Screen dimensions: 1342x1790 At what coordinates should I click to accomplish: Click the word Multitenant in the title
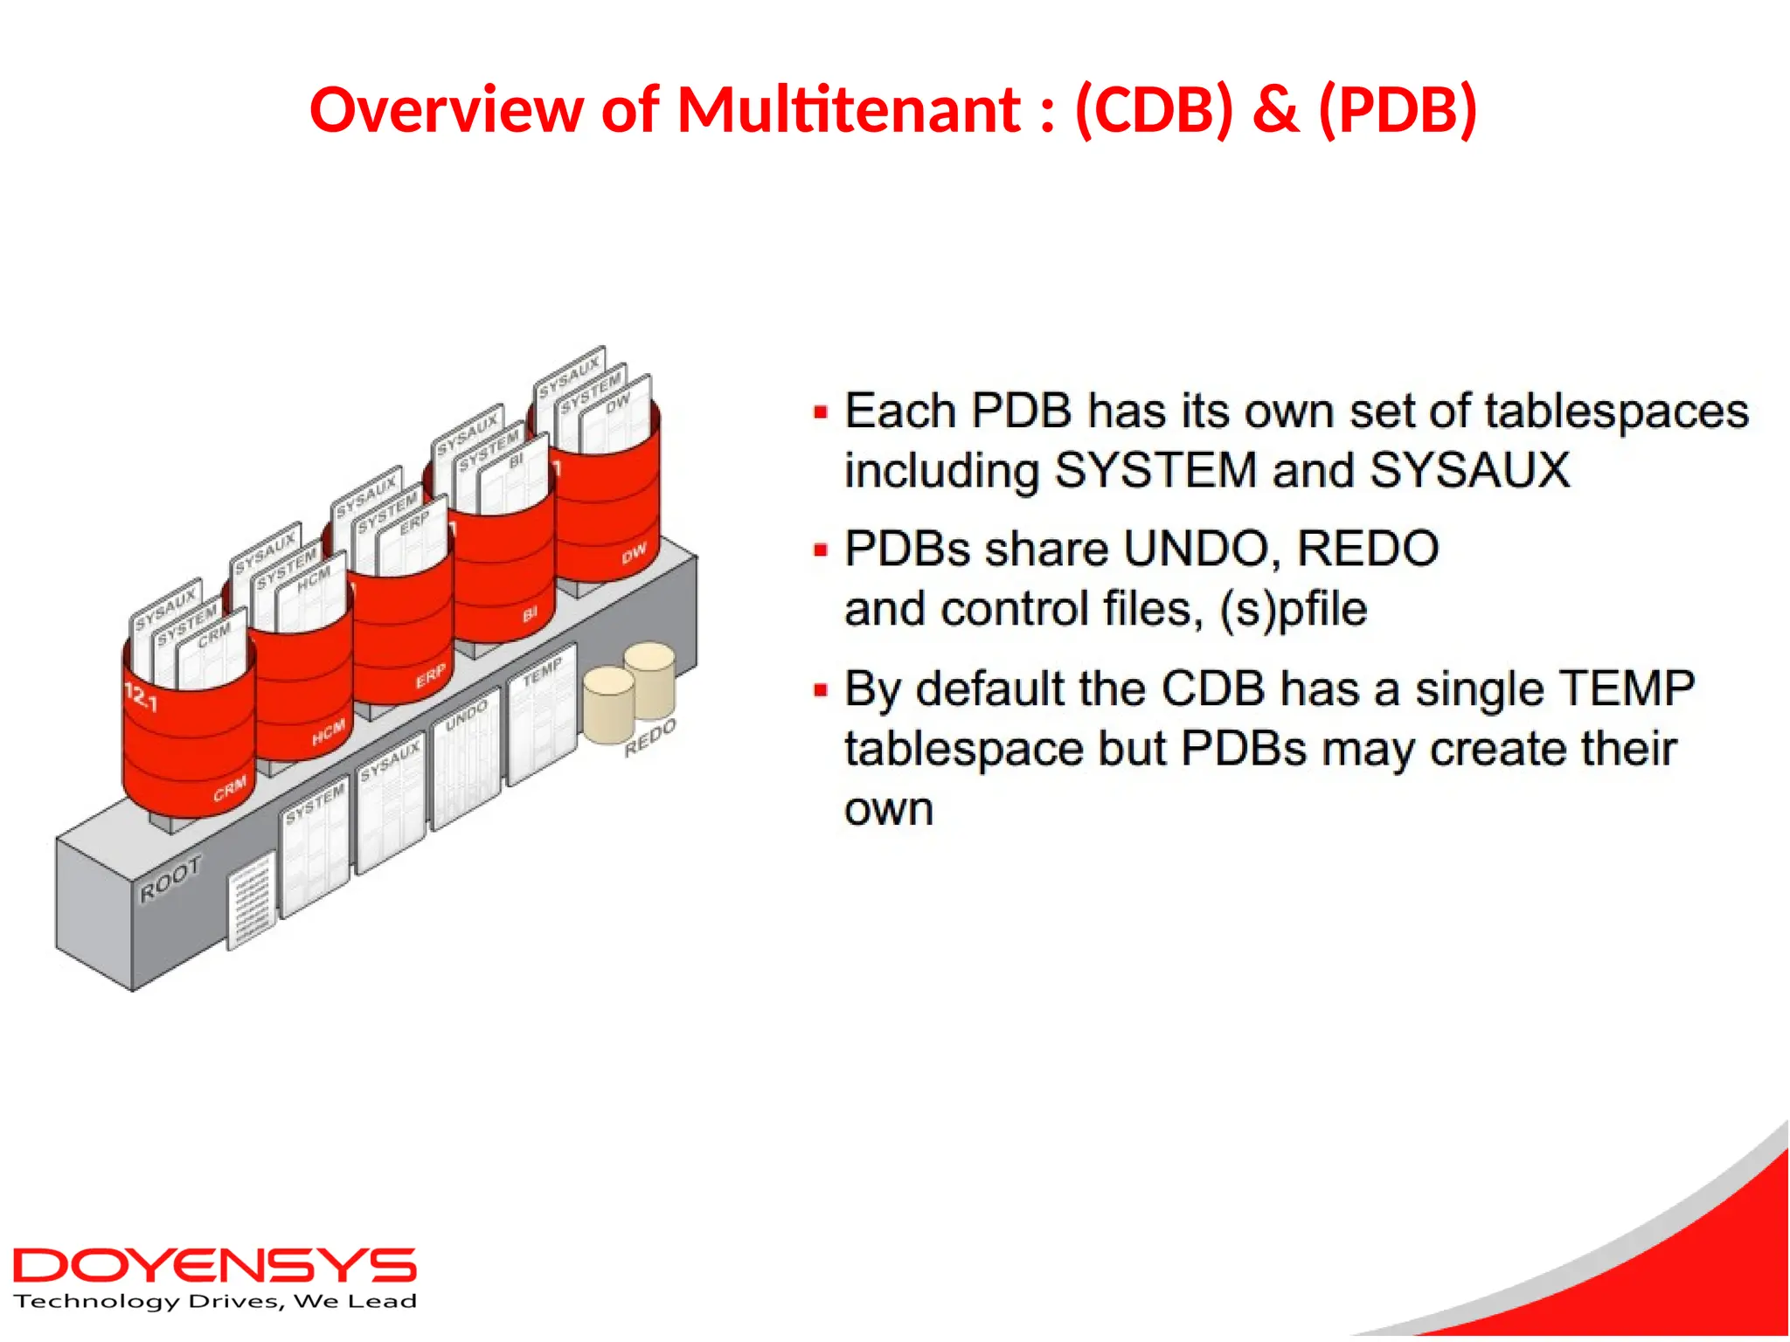click(x=849, y=111)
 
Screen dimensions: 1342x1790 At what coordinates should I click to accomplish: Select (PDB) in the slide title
click(x=1397, y=111)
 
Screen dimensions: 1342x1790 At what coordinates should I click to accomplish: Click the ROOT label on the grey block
click(x=171, y=877)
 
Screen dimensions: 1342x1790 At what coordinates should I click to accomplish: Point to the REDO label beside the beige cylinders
click(x=650, y=738)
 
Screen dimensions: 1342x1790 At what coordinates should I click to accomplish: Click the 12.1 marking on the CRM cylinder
click(x=141, y=697)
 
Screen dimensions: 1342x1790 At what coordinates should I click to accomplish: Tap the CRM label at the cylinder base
click(x=230, y=789)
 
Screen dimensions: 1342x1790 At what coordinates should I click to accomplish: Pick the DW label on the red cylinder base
click(x=634, y=553)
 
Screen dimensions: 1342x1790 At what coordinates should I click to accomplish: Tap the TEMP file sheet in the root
click(x=543, y=712)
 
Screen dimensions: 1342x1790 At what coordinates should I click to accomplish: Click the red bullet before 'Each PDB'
click(x=820, y=412)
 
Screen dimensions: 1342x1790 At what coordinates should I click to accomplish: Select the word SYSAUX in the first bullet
click(x=1469, y=470)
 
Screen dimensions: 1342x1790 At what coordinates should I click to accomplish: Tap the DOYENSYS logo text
click(x=214, y=1266)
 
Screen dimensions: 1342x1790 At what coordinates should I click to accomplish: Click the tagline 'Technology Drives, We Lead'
click(x=215, y=1302)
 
